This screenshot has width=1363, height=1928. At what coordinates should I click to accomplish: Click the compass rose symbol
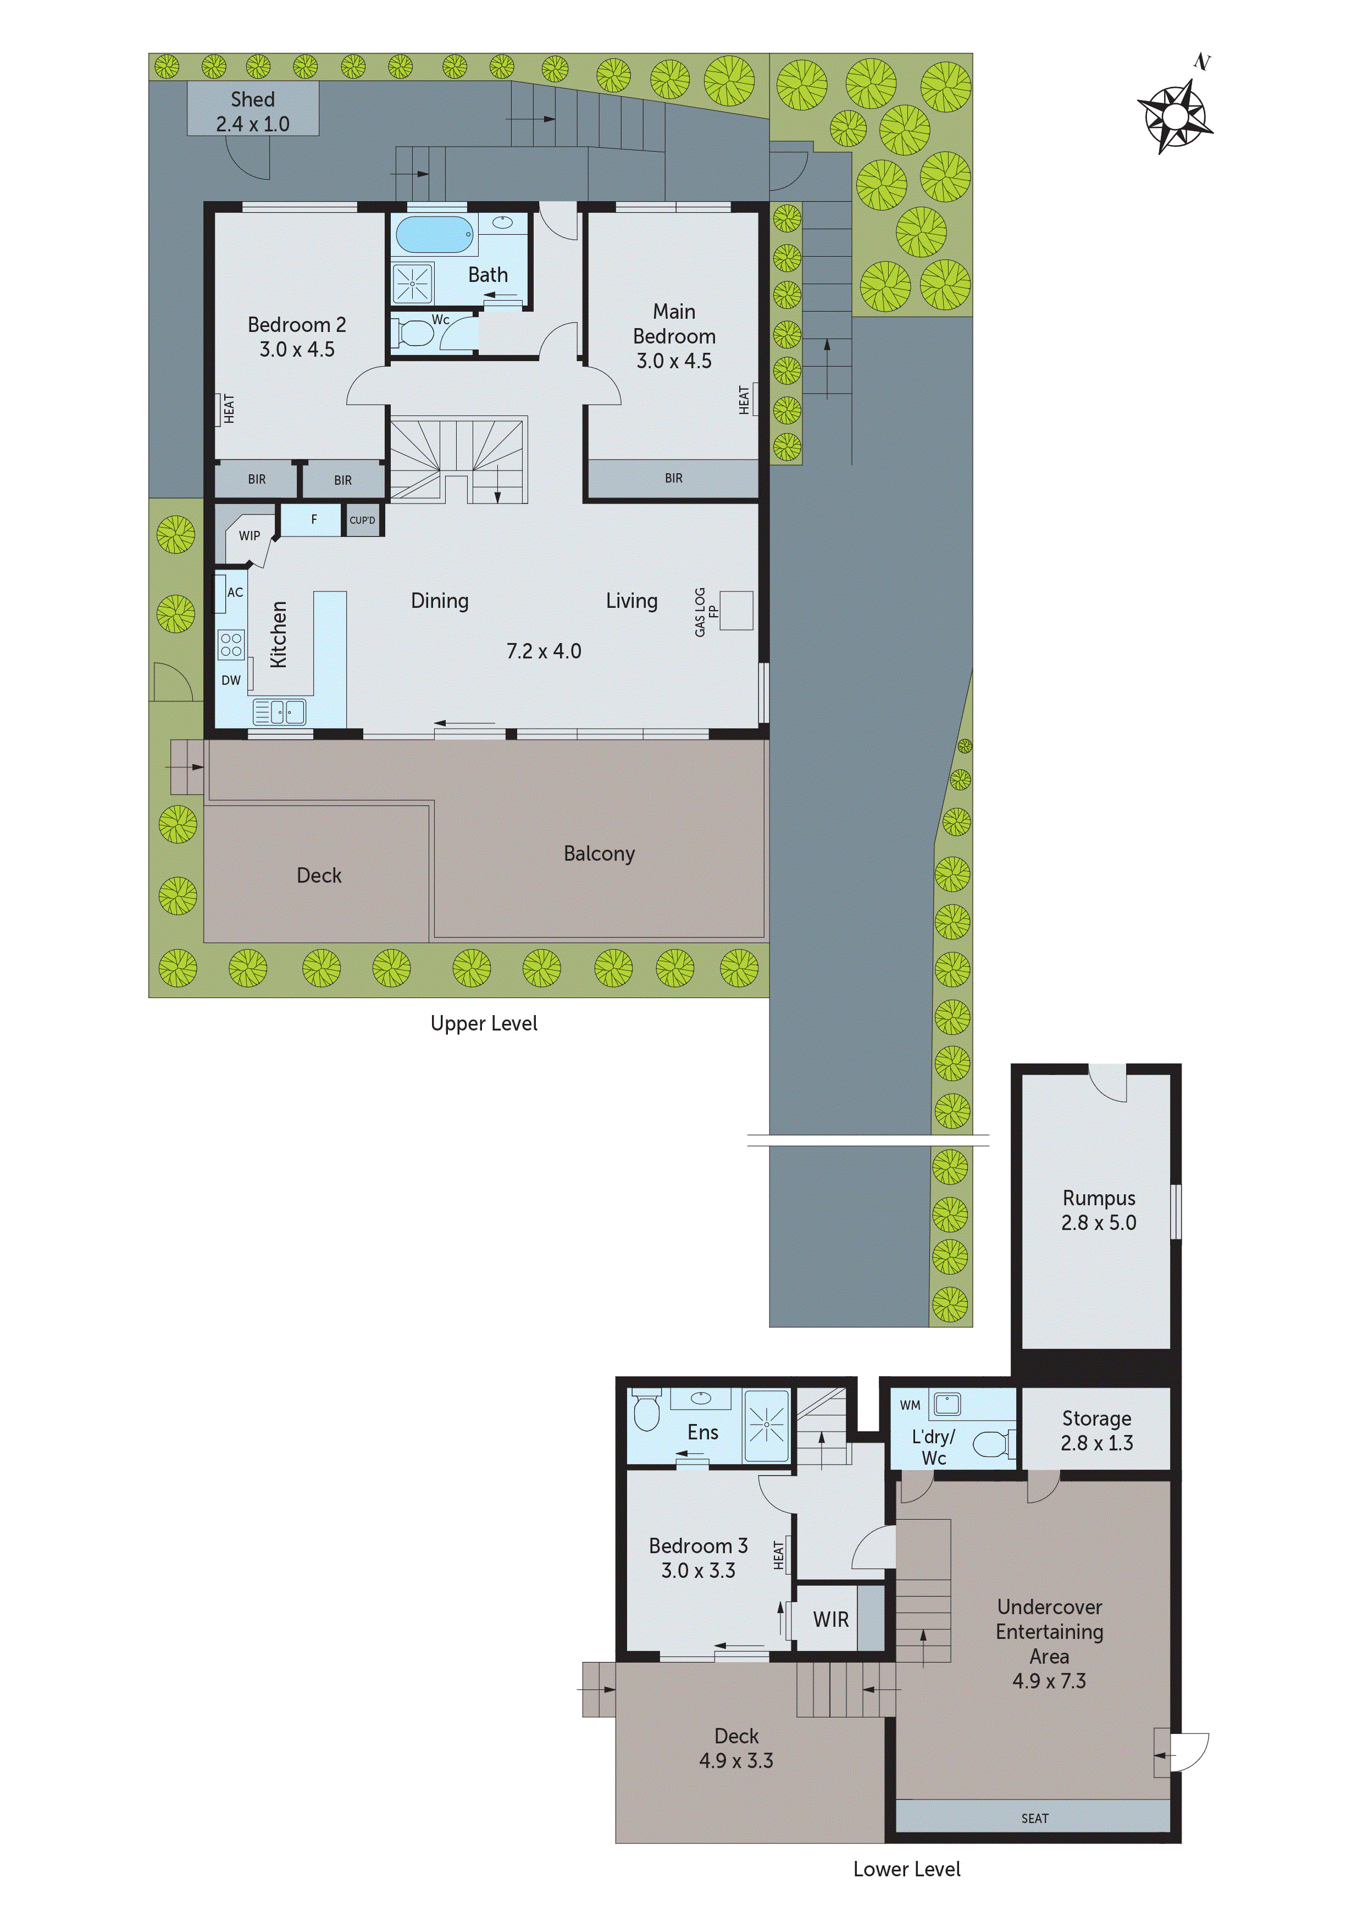point(1175,116)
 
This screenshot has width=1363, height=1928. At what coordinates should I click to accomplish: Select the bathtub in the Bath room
point(434,234)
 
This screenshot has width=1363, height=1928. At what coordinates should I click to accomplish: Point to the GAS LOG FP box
point(736,611)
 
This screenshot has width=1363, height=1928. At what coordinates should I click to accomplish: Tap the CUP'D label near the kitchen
point(362,520)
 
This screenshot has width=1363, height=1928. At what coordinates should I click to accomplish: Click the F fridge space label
point(313,519)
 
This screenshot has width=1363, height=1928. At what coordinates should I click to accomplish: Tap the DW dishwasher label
point(231,680)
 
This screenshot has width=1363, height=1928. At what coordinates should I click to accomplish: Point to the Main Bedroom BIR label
point(673,478)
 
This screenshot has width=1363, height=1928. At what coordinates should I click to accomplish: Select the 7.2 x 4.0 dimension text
point(544,651)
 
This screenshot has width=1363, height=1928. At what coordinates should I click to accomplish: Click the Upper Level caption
point(484,1023)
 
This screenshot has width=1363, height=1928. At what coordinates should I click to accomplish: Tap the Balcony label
point(599,853)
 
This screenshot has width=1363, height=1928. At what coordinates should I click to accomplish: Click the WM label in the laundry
point(910,1405)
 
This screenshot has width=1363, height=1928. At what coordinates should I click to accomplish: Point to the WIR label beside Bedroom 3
point(830,1619)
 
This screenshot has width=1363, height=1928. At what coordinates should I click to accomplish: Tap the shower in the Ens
point(766,1425)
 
